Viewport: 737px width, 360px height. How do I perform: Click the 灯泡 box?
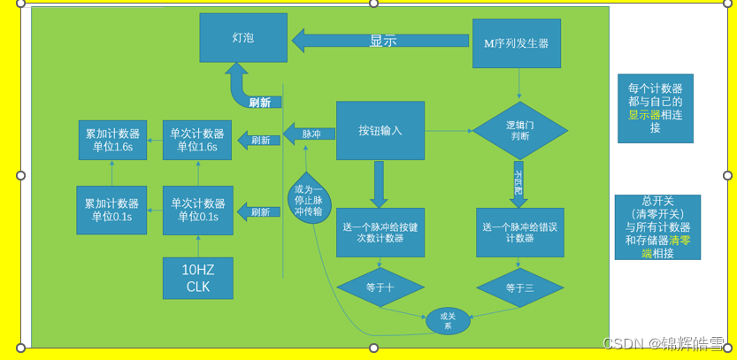coord(243,38)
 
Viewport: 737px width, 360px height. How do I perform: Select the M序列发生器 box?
coord(518,42)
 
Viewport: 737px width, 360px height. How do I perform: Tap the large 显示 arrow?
coord(381,41)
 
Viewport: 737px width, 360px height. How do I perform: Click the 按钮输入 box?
coord(380,131)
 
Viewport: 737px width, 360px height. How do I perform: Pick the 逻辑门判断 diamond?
coord(519,131)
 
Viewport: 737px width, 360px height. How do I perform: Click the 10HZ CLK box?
coord(198,278)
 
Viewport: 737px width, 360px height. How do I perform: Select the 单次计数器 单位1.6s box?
coord(197,140)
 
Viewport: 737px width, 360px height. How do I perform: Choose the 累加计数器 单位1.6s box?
coord(112,140)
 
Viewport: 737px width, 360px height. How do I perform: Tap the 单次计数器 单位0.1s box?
coord(198,210)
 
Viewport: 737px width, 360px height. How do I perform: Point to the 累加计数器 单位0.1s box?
coord(111,210)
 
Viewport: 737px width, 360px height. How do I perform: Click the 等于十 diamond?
coord(380,287)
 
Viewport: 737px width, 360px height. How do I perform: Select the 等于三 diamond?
coord(520,287)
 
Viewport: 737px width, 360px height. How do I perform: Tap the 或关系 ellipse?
coord(448,320)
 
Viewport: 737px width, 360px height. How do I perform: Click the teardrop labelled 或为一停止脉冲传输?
coord(310,200)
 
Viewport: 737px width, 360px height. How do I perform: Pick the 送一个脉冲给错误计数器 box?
coord(519,233)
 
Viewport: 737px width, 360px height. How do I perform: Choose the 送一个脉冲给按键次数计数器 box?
coord(380,233)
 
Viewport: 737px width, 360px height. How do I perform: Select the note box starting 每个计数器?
coord(656,108)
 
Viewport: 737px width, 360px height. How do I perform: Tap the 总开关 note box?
coord(657,227)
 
